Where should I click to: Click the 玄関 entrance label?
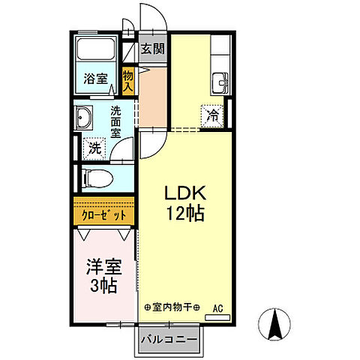tap(153, 49)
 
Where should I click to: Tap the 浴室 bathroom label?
tap(95, 79)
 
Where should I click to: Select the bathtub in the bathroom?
tap(96, 49)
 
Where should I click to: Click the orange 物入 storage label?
tap(128, 81)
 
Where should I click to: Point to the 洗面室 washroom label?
tap(115, 122)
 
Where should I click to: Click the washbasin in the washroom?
tap(84, 118)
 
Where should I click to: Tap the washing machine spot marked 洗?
tap(94, 148)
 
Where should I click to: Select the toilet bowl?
tap(97, 178)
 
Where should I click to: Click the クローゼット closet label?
tap(104, 215)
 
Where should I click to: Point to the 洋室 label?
tap(104, 267)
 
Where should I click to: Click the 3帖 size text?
tap(103, 286)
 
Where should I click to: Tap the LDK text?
tap(185, 193)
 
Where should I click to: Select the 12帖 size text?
tap(185, 213)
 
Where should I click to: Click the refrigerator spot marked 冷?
tap(212, 116)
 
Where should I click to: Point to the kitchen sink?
tap(220, 83)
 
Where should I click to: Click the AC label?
tap(217, 308)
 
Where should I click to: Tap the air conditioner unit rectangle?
tap(217, 317)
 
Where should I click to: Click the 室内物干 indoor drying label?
tap(172, 307)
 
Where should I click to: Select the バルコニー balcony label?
tap(169, 340)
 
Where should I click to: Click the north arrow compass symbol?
tap(274, 324)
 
